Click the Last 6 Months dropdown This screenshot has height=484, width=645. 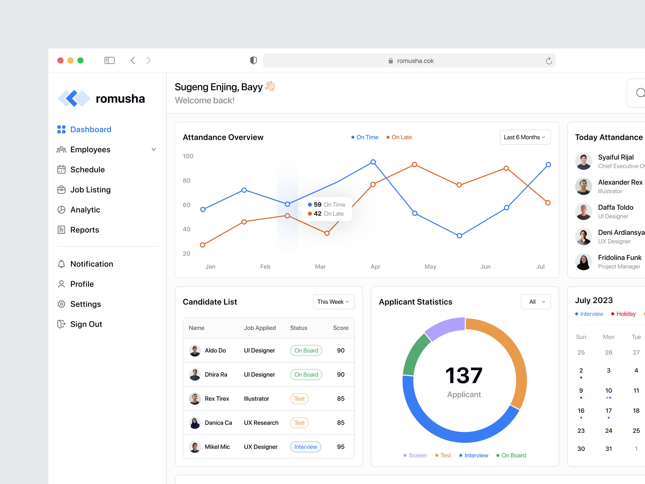point(525,137)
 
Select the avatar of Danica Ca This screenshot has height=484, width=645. point(195,423)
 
